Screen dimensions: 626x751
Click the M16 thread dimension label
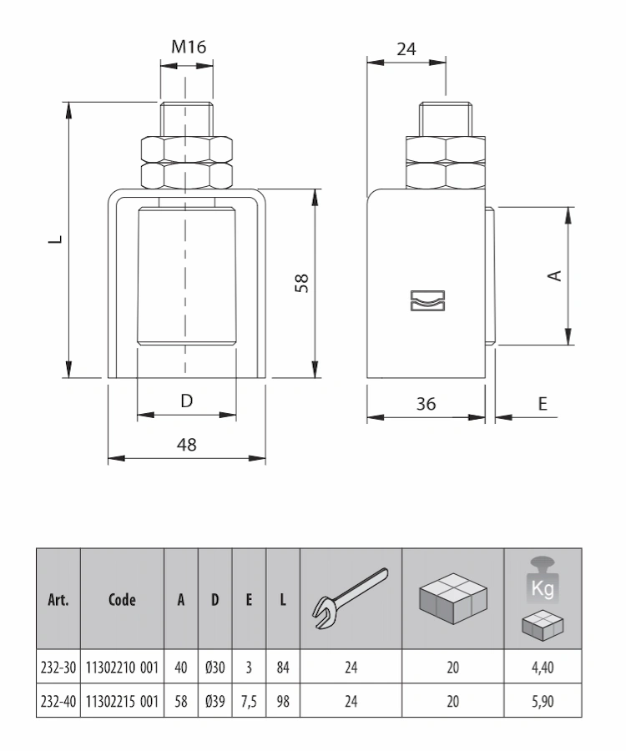pyautogui.click(x=189, y=47)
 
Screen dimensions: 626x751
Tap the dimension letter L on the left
pyautogui.click(x=56, y=239)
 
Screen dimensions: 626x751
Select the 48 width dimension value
pyautogui.click(x=186, y=445)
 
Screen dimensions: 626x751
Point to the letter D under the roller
pyautogui.click(x=187, y=401)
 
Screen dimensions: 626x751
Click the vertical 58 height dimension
pyautogui.click(x=302, y=283)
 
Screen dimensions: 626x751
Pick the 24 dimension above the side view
pyautogui.click(x=406, y=49)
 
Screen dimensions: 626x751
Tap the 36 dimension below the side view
pyautogui.click(x=426, y=404)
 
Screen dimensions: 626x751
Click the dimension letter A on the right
pyautogui.click(x=554, y=275)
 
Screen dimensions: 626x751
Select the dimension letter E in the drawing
pyautogui.click(x=543, y=404)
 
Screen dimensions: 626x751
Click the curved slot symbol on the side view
pyautogui.click(x=427, y=300)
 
